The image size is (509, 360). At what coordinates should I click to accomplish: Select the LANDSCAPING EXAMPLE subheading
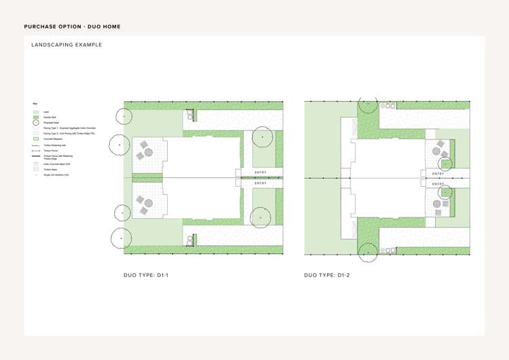(67, 45)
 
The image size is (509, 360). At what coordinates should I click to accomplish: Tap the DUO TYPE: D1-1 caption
(146, 275)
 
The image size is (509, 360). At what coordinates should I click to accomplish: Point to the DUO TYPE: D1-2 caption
(326, 275)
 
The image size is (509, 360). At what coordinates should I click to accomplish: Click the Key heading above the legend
(35, 104)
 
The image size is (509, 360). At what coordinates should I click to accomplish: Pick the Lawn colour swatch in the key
(36, 111)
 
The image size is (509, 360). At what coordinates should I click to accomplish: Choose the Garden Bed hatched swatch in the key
(36, 117)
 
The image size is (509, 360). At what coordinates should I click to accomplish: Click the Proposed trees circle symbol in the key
(36, 122)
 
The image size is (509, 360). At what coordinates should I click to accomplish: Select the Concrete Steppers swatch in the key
(36, 139)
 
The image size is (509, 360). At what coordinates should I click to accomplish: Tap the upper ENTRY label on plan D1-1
(261, 173)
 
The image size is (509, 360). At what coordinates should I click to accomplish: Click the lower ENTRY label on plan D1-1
(261, 183)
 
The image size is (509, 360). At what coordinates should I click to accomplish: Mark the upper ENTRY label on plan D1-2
(438, 174)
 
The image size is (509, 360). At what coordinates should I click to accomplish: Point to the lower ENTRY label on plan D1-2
(438, 184)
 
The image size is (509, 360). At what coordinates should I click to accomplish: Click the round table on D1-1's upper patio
(149, 152)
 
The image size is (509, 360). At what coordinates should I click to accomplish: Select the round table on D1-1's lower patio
(149, 203)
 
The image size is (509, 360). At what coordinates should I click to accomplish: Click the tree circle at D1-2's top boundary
(368, 103)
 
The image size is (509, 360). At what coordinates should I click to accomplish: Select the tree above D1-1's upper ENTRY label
(261, 138)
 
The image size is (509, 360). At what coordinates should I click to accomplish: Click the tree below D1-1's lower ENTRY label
(261, 217)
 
